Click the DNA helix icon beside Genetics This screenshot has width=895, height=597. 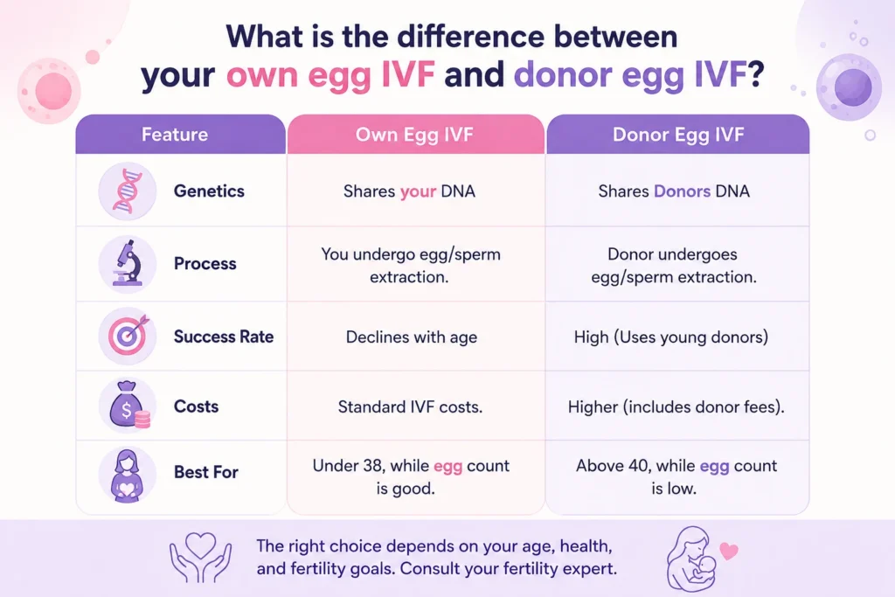pyautogui.click(x=128, y=191)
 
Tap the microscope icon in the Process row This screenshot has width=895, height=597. pyautogui.click(x=128, y=263)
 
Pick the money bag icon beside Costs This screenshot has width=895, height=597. pyautogui.click(x=129, y=405)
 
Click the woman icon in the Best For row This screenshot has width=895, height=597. pyautogui.click(x=127, y=475)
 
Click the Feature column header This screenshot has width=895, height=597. pyautogui.click(x=175, y=135)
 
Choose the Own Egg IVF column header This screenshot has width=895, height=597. pyautogui.click(x=414, y=135)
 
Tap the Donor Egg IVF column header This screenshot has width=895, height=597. pyautogui.click(x=678, y=135)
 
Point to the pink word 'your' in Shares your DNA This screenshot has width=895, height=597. pyautogui.click(x=418, y=191)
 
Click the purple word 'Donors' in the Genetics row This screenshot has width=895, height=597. pyautogui.click(x=682, y=191)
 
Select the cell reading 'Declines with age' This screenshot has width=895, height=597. pyautogui.click(x=412, y=337)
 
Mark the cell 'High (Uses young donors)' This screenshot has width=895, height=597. pyautogui.click(x=671, y=337)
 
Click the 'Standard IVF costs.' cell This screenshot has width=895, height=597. pyautogui.click(x=411, y=407)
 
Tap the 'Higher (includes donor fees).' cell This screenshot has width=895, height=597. pyautogui.click(x=676, y=407)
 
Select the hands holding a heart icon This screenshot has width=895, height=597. pyautogui.click(x=200, y=557)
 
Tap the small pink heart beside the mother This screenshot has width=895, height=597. pyautogui.click(x=728, y=551)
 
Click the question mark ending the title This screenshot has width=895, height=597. pyautogui.click(x=755, y=75)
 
